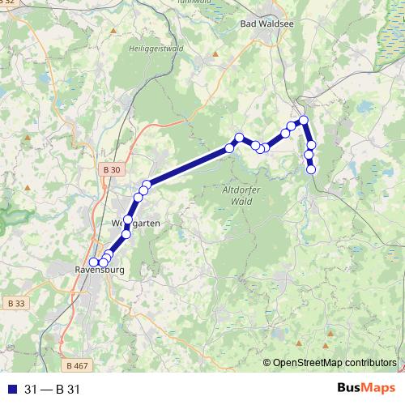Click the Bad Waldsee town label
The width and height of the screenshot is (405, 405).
point(267,23)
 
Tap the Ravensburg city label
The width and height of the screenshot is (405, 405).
point(96,271)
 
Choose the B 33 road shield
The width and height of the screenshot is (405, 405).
point(15,303)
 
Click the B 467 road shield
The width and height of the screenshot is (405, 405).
point(79,366)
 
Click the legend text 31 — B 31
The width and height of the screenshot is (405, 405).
point(53,390)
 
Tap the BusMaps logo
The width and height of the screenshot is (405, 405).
point(366,389)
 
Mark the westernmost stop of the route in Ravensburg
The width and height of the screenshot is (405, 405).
point(93,262)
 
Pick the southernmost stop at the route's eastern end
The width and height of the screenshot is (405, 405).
point(312,169)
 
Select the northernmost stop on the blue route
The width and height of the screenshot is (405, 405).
point(304,121)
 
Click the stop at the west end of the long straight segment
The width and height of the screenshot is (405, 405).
point(146,185)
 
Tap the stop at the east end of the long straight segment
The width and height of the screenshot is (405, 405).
point(229,148)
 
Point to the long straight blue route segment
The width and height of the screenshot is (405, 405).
point(188,166)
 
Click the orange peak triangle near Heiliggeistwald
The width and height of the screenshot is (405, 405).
point(215,55)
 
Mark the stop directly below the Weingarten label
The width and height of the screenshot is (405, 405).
point(126,235)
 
